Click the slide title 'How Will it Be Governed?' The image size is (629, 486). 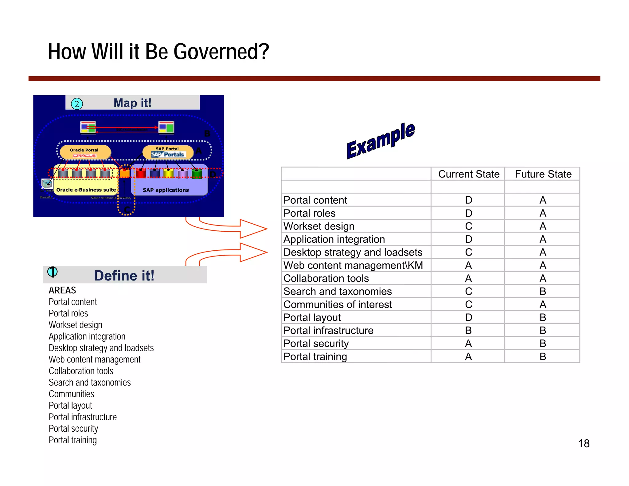[x=158, y=52]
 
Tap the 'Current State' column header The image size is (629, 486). [x=468, y=174]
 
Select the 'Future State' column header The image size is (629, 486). [x=543, y=174]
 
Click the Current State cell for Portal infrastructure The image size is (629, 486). [x=468, y=331]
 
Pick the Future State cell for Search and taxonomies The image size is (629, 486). [x=543, y=292]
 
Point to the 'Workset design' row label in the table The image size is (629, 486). [x=319, y=226]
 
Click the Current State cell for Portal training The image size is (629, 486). [x=468, y=357]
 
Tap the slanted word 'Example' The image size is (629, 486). [x=381, y=140]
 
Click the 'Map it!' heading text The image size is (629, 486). [x=132, y=103]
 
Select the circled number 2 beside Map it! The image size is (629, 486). [x=77, y=104]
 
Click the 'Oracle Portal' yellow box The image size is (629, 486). [x=85, y=152]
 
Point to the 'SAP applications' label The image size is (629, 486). [x=166, y=190]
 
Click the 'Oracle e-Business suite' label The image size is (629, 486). [x=86, y=190]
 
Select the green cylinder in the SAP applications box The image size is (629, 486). [x=197, y=174]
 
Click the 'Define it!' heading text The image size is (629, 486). [x=124, y=276]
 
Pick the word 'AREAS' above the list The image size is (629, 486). [x=62, y=290]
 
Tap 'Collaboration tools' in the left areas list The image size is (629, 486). [x=81, y=371]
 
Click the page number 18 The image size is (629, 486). [x=584, y=444]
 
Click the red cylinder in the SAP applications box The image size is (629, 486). [x=141, y=174]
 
